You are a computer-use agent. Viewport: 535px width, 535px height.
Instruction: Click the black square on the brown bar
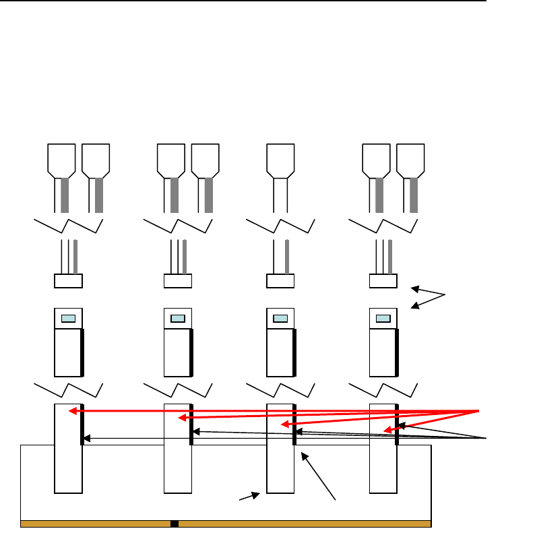click(174, 524)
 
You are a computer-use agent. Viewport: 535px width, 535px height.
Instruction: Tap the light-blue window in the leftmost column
click(68, 319)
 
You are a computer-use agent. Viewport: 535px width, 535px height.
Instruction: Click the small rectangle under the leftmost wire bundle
click(68, 281)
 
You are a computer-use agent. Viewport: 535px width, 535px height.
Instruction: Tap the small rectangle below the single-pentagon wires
click(281, 281)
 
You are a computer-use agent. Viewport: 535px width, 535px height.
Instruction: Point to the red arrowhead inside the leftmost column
click(73, 410)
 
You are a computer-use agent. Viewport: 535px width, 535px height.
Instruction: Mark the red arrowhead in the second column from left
click(181, 418)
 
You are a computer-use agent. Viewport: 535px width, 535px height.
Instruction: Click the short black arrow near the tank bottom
click(249, 497)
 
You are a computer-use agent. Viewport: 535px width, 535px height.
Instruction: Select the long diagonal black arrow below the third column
click(319, 476)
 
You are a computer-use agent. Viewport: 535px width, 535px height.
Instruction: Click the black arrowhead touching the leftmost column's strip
click(86, 439)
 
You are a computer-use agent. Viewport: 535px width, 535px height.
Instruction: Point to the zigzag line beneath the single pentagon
click(280, 225)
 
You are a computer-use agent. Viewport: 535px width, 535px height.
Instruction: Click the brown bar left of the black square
click(95, 524)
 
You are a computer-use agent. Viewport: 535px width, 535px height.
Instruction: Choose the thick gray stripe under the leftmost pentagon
click(65, 195)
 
